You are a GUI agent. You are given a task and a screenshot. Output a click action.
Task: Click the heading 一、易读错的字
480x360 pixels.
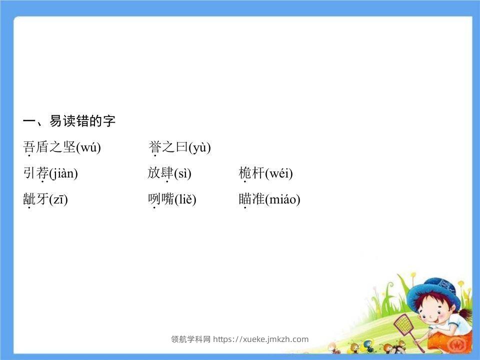tap(69, 121)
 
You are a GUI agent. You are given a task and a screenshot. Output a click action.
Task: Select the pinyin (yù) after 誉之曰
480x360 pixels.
tap(199, 147)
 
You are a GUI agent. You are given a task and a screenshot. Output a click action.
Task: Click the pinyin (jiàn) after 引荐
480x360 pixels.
tap(63, 173)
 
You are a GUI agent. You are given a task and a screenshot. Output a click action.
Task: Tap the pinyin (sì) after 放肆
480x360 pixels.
tap(182, 173)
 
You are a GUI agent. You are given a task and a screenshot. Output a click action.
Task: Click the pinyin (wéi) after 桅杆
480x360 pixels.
tap(279, 173)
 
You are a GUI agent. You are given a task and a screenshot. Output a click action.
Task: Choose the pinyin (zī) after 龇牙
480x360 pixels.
tap(58, 199)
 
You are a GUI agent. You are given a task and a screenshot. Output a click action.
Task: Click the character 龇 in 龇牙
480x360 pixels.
tap(29, 199)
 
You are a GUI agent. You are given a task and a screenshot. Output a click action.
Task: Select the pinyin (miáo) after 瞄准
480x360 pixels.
tap(282, 199)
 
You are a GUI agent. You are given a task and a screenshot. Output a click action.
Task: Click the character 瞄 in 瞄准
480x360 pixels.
tap(245, 199)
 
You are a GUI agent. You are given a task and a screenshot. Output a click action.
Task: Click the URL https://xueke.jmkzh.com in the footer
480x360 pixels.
tap(261, 339)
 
